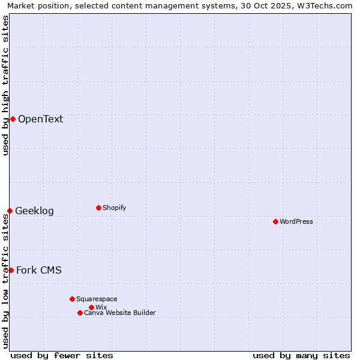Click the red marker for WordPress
point(275,221)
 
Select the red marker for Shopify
point(98,208)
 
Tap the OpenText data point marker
point(13,119)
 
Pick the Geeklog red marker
point(10,211)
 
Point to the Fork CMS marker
point(11,270)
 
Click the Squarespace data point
point(72,299)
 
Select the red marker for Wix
point(91,307)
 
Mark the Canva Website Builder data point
point(80,313)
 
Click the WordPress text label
point(296,221)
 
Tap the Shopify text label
point(114,208)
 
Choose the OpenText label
point(40,119)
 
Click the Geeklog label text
point(34,211)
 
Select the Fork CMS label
point(38,270)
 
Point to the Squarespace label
point(97,299)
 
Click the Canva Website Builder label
point(120,313)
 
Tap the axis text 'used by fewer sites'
point(62,355)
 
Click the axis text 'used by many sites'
point(301,355)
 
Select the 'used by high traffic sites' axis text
point(5,85)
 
